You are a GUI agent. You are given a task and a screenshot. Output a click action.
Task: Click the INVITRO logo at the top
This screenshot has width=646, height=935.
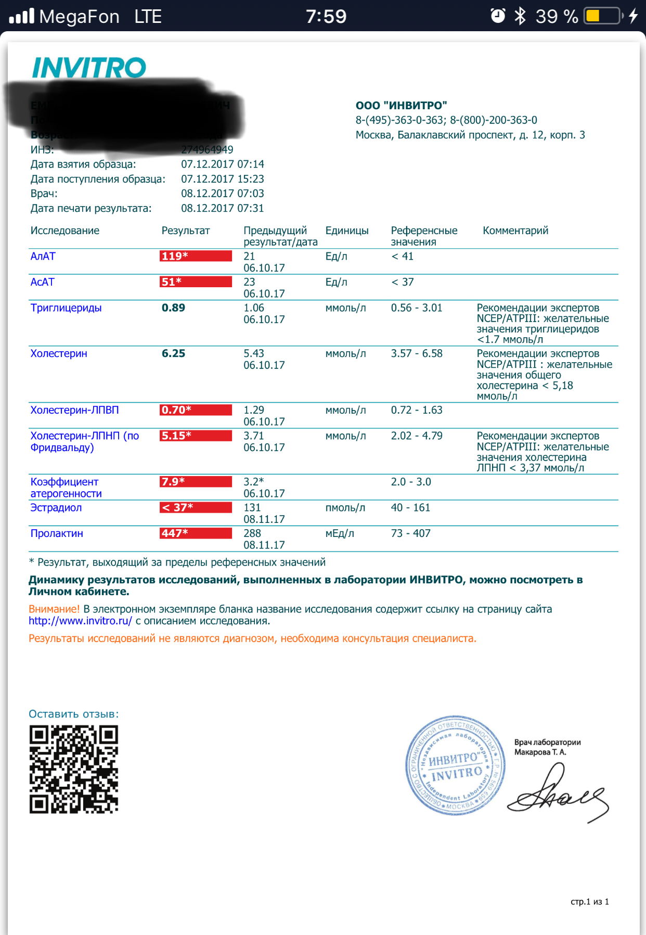tap(89, 68)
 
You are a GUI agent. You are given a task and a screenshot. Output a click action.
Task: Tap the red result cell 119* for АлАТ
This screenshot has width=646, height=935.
tap(196, 256)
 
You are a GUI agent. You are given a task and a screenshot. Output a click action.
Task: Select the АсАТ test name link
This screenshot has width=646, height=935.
tap(43, 282)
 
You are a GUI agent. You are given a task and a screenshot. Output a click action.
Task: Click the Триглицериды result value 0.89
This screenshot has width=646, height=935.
tap(173, 308)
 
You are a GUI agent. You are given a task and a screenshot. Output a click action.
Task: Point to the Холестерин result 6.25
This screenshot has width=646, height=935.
tap(173, 354)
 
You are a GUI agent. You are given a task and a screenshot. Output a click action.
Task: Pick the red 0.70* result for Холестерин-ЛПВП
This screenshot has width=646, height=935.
tap(196, 410)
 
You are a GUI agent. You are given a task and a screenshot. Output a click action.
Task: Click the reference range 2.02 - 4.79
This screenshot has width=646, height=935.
tap(417, 436)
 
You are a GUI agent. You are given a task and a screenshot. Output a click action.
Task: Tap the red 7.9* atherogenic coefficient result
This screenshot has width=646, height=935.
tap(196, 482)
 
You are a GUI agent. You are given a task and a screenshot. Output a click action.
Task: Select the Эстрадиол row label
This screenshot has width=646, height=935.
tap(56, 508)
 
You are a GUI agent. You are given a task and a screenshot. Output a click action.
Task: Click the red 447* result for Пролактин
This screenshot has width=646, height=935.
tap(196, 533)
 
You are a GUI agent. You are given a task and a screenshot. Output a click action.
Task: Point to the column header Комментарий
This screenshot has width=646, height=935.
tap(515, 230)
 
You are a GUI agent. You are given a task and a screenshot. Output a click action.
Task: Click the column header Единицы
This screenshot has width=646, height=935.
tap(347, 230)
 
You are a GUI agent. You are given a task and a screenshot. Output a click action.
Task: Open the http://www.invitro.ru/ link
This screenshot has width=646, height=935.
tap(80, 621)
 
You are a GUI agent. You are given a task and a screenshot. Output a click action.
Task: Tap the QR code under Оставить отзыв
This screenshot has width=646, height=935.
tap(74, 769)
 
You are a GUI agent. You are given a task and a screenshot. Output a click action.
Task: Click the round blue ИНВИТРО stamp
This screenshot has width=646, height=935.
tap(455, 765)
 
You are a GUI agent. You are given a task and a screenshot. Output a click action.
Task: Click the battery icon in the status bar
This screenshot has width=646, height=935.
tap(603, 16)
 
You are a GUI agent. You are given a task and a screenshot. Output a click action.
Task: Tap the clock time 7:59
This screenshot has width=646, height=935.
tap(326, 17)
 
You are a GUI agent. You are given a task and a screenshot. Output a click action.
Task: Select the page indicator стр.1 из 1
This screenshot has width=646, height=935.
tap(589, 902)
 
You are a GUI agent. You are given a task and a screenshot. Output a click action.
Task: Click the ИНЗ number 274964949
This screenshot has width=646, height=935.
tap(207, 150)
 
